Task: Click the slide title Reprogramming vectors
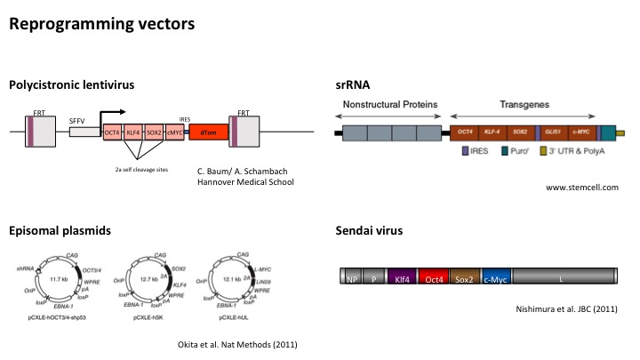pyautogui.click(x=101, y=24)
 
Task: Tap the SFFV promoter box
pyautogui.click(x=84, y=132)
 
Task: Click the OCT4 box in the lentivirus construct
pyautogui.click(x=113, y=132)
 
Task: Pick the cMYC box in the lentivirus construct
pyautogui.click(x=176, y=132)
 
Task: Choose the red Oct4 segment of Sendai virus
pyautogui.click(x=434, y=278)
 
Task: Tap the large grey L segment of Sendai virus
pyautogui.click(x=561, y=278)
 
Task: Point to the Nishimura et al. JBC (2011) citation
pyautogui.click(x=566, y=308)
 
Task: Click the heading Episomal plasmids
pyautogui.click(x=60, y=230)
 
